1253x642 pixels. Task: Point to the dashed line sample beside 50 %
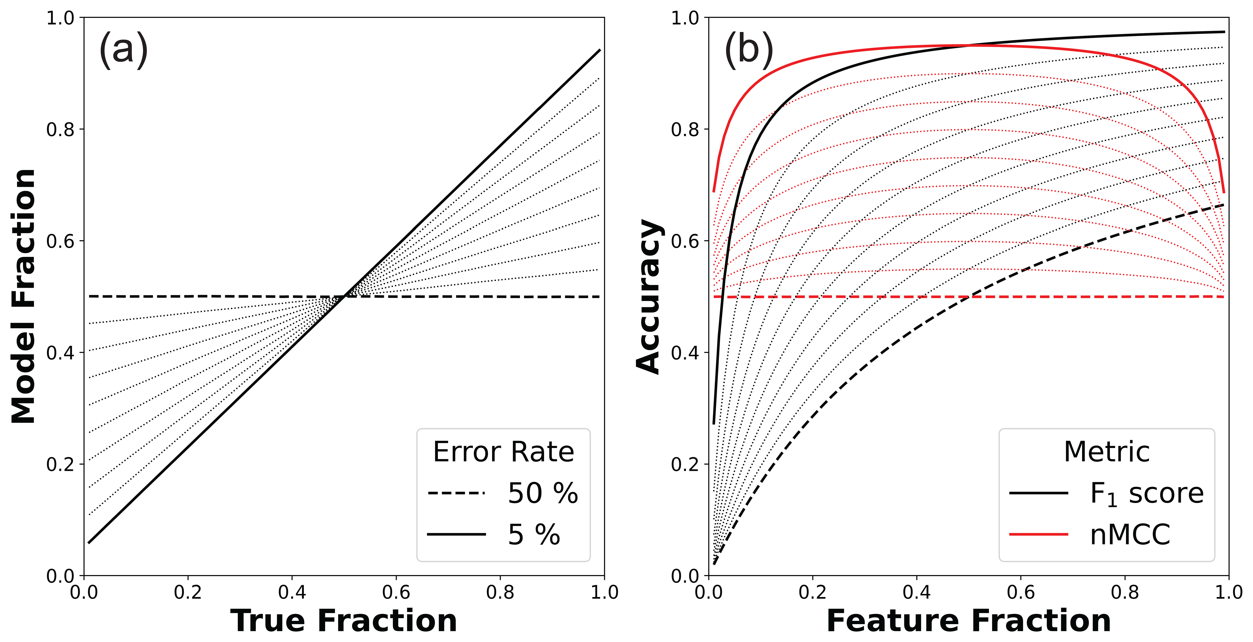coord(456,493)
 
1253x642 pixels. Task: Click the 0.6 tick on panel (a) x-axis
coord(396,592)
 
